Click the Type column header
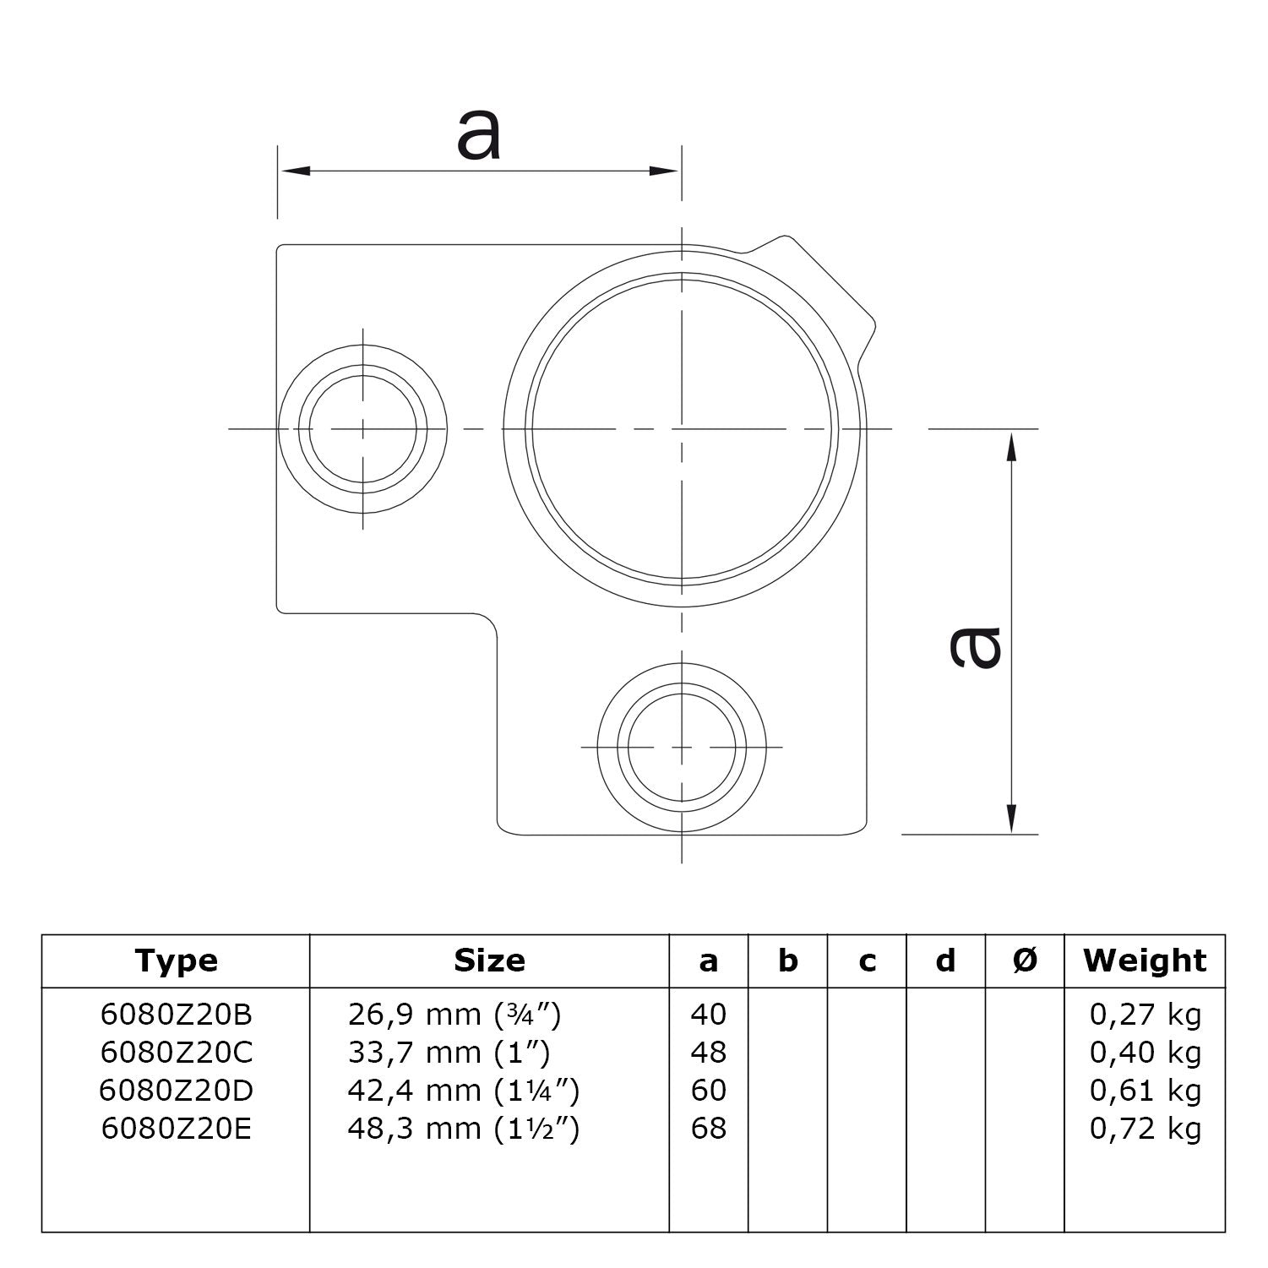(176, 961)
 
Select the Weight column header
(1145, 961)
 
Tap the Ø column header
(1025, 961)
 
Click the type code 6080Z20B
(176, 1014)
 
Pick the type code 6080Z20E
(176, 1128)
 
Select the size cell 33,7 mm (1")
(449, 1052)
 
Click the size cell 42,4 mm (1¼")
(463, 1091)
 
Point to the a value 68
(708, 1128)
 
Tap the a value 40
(708, 1014)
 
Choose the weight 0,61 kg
(1145, 1091)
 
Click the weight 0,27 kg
(1145, 1014)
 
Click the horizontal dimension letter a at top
(479, 135)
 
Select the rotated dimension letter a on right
(976, 646)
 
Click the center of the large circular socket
(681, 429)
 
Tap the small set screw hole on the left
(362, 429)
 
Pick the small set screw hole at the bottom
(681, 748)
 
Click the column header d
(945, 961)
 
